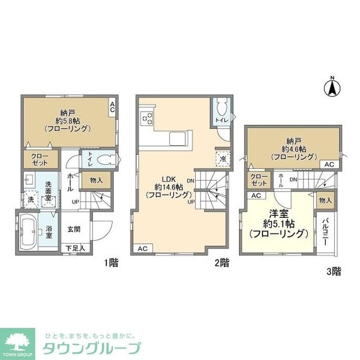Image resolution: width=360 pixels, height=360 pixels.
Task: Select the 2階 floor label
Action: pos(221,262)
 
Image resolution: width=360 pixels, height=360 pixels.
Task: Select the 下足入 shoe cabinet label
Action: pos(76,247)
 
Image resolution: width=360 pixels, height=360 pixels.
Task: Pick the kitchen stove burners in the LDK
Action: pos(147,118)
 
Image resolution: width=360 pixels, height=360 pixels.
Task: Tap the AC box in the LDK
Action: pos(142,248)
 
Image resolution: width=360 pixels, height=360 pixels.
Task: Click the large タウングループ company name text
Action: pos(91,347)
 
